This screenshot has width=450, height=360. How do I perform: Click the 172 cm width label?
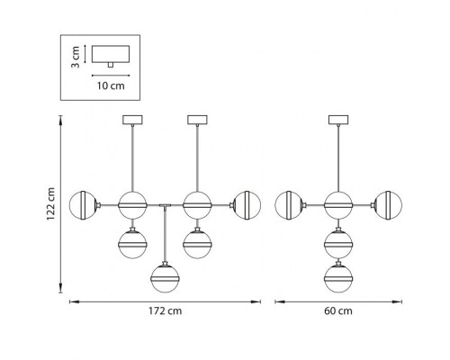(x=165, y=311)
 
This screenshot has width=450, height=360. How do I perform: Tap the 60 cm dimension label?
(x=338, y=311)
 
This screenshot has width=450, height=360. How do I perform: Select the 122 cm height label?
(x=51, y=204)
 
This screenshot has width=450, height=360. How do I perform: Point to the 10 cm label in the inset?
(x=111, y=85)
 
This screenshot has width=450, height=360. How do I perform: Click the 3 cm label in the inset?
(x=76, y=57)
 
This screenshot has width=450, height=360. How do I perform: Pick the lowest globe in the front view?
(x=165, y=278)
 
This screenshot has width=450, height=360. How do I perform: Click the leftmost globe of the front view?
(x=83, y=205)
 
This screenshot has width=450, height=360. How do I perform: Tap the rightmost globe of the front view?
(x=247, y=205)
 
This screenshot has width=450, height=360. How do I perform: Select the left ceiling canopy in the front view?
(x=132, y=120)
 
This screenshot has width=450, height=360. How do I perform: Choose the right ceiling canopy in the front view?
(x=197, y=120)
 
